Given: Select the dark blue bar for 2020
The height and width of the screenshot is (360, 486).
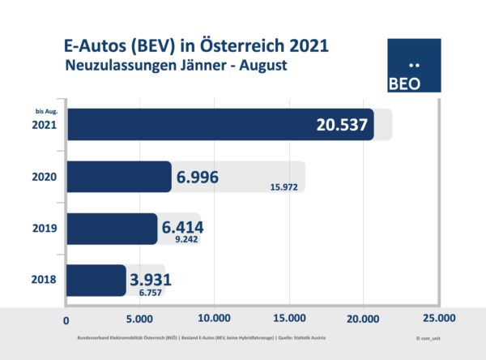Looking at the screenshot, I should [118, 177].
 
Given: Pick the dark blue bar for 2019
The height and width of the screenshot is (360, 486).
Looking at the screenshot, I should [111, 229].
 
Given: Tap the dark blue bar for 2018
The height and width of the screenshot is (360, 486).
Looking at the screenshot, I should [96, 280].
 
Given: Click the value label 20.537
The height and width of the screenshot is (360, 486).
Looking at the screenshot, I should [339, 125].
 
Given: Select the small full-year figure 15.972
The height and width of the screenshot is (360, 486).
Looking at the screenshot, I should [286, 188].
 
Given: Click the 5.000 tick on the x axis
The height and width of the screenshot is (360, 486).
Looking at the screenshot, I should [140, 317].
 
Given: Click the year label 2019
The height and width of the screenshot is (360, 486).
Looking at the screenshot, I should [45, 229].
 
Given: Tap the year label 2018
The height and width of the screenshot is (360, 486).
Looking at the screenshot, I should [45, 281].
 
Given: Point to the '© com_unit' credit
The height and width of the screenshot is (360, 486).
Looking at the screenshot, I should [429, 335].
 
